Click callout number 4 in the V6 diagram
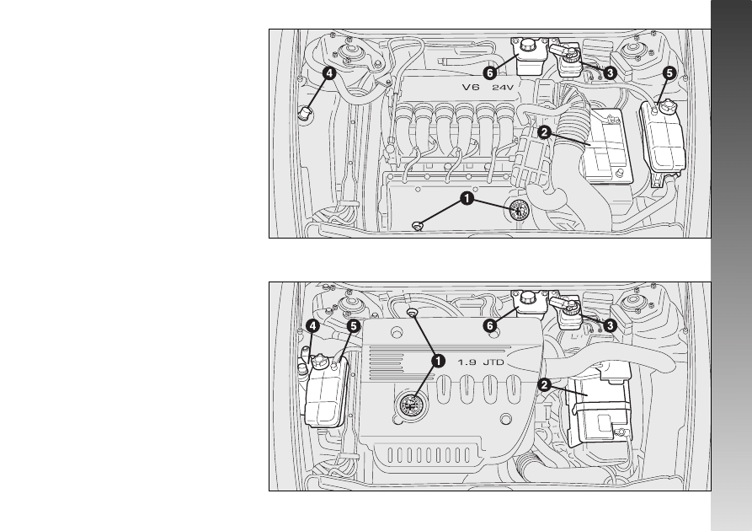(x=328, y=73)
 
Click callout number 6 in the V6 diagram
(x=489, y=73)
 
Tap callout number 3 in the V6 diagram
(x=610, y=73)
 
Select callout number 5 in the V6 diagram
(x=669, y=73)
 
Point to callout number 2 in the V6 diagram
(x=544, y=132)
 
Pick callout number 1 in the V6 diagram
(x=467, y=198)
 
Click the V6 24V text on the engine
(x=488, y=88)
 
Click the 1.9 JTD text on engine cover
(x=481, y=362)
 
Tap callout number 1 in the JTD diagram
(x=438, y=361)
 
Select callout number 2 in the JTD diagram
(x=544, y=384)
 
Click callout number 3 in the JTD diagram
(x=610, y=325)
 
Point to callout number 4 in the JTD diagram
(x=312, y=326)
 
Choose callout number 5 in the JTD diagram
(x=353, y=326)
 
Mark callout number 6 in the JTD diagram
(x=489, y=326)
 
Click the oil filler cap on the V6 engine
(x=519, y=210)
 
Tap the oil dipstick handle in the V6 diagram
(x=418, y=225)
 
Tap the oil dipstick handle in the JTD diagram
(x=412, y=313)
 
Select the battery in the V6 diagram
(x=606, y=147)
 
